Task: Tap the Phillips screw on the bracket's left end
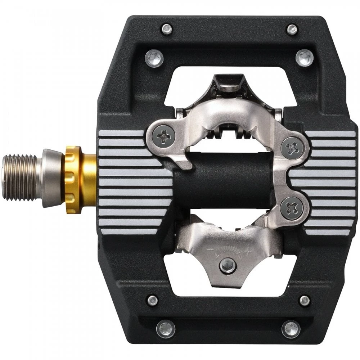tap(163, 135)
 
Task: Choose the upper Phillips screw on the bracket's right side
tap(291, 147)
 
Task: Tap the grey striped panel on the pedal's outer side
tap(326, 183)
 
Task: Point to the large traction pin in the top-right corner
tap(305, 57)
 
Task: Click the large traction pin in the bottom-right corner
tap(291, 329)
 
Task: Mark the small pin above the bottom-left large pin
tap(152, 300)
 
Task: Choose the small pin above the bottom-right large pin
tap(305, 300)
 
